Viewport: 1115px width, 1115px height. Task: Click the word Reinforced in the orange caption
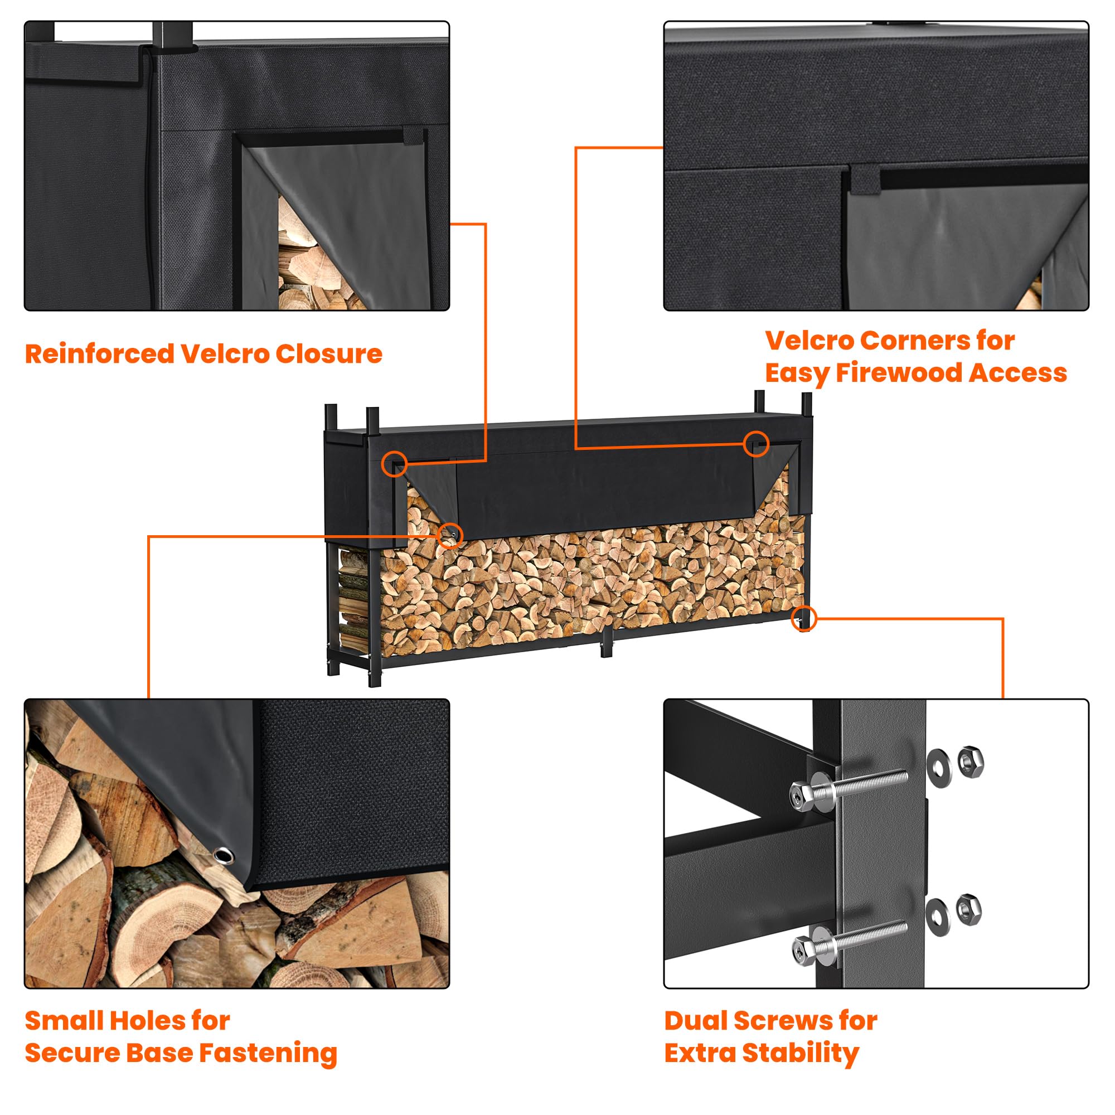99,354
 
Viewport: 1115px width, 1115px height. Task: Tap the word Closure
329,354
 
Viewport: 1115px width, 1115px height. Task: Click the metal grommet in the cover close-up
223,855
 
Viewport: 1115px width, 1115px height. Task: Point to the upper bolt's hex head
801,797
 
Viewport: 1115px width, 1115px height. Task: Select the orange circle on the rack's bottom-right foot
804,618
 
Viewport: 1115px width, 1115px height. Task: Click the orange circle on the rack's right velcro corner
756,443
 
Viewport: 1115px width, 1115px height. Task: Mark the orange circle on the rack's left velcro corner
394,464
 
